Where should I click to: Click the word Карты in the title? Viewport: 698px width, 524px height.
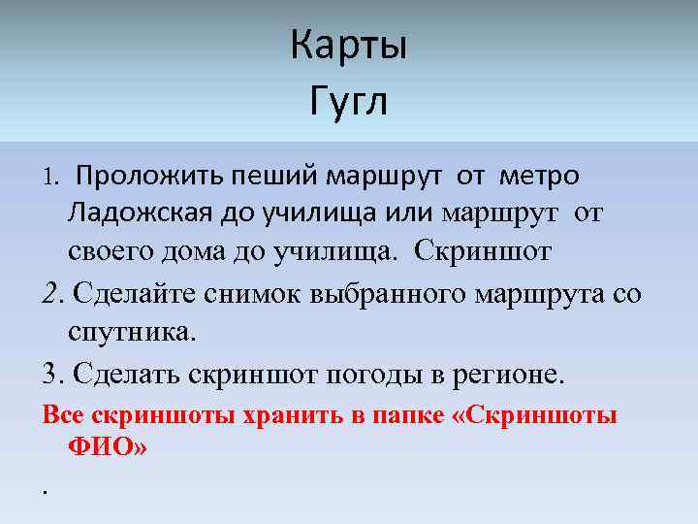349,46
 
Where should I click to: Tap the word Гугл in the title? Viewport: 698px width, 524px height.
349,100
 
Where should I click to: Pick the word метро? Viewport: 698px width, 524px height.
539,177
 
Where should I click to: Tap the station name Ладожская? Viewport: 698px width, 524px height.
143,213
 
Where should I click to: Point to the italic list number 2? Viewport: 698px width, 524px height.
52,294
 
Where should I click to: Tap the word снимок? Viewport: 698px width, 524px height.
241,294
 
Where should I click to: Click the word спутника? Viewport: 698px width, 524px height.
131,332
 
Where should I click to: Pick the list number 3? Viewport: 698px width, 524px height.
51,374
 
